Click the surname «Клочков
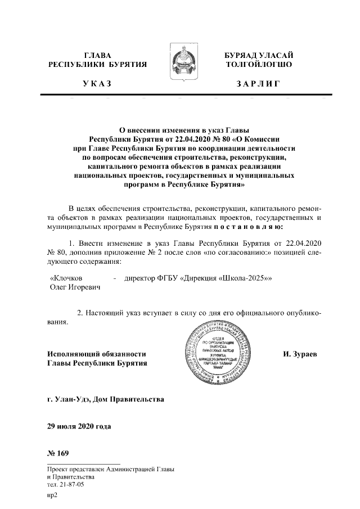coord(67,278)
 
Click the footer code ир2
coord(53,496)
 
